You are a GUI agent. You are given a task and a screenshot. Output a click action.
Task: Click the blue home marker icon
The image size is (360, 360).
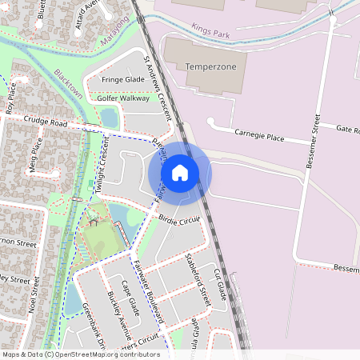click(x=180, y=172)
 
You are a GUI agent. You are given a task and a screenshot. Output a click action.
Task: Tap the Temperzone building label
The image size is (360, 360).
click(x=211, y=66)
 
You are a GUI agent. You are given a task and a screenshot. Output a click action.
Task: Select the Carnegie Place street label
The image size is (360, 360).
click(x=259, y=138)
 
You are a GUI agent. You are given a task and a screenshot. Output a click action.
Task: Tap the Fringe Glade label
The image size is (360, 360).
click(x=122, y=79)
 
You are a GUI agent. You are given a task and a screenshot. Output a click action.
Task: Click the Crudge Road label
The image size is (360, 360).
click(x=45, y=122)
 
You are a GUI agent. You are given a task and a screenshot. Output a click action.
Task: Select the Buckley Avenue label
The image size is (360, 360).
click(x=119, y=314)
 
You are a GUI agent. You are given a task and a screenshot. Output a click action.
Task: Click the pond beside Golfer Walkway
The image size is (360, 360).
click(x=109, y=118)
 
